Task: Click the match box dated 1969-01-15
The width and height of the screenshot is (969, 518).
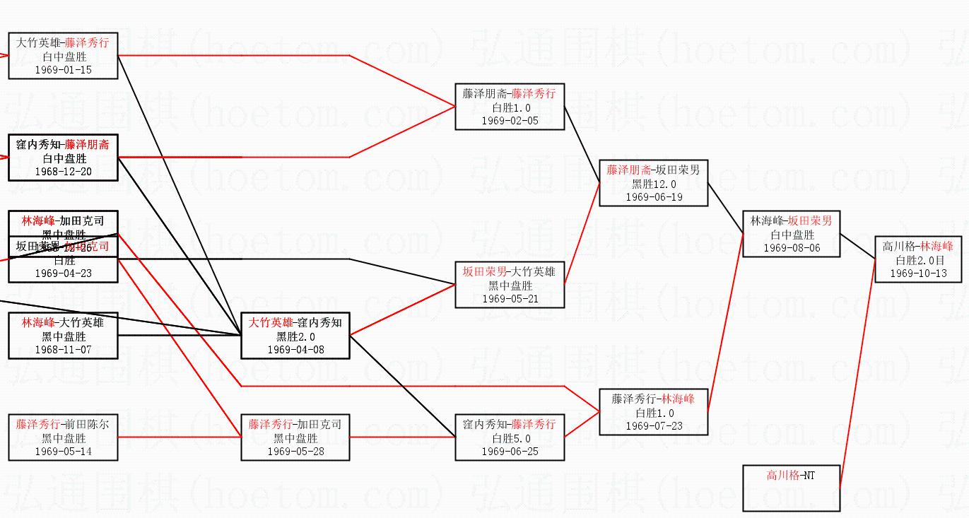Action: tap(63, 56)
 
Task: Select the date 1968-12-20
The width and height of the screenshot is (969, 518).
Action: tap(63, 172)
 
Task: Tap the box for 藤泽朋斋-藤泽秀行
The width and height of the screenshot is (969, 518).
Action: tap(510, 107)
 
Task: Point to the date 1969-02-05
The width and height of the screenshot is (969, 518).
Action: tap(510, 121)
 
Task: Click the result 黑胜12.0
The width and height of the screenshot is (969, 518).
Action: tap(654, 184)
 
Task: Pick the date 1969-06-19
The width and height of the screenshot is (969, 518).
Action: tap(654, 197)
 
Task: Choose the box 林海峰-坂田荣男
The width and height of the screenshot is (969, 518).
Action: tap(792, 234)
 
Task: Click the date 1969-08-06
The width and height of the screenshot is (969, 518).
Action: tap(792, 248)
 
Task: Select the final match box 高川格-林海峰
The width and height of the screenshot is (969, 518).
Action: tap(918, 259)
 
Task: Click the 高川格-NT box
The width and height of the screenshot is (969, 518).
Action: tap(792, 488)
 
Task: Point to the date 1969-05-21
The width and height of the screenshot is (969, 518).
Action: tap(510, 299)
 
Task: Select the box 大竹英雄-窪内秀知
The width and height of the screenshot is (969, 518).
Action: tap(295, 336)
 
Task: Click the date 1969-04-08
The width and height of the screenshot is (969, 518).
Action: tap(295, 350)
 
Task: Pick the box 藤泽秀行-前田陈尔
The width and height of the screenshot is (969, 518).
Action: tap(63, 437)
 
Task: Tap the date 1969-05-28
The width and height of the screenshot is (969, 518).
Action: tap(295, 452)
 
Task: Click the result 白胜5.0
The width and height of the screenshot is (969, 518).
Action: tap(510, 438)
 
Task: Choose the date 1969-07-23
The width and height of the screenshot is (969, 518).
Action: tap(654, 426)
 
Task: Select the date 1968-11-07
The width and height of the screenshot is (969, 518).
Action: tap(63, 350)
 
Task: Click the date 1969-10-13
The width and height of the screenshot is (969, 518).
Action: tap(918, 273)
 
